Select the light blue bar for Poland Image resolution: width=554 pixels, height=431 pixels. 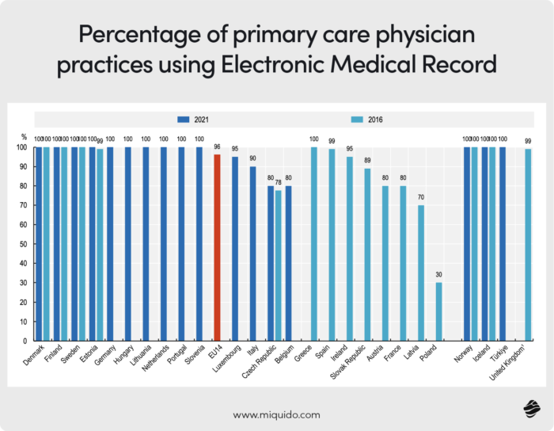(439, 311)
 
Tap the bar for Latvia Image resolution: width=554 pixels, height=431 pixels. (421, 273)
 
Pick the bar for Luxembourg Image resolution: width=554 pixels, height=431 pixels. (235, 248)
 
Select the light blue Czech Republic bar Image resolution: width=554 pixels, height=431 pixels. (279, 265)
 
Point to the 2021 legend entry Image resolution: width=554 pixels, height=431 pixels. (199, 119)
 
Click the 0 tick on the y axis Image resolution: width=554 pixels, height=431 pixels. (24, 341)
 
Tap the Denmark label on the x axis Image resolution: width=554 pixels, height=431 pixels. (34, 358)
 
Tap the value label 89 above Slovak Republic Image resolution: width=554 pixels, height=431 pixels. (367, 161)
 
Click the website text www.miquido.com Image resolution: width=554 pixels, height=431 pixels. (276, 414)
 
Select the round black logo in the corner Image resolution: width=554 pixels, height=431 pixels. (531, 409)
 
